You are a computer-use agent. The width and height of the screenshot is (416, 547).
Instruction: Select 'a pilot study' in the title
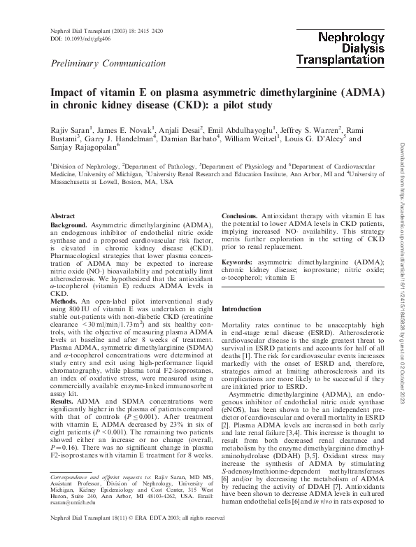[237, 106]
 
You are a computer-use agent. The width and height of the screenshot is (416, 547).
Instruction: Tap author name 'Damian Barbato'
[188, 139]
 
